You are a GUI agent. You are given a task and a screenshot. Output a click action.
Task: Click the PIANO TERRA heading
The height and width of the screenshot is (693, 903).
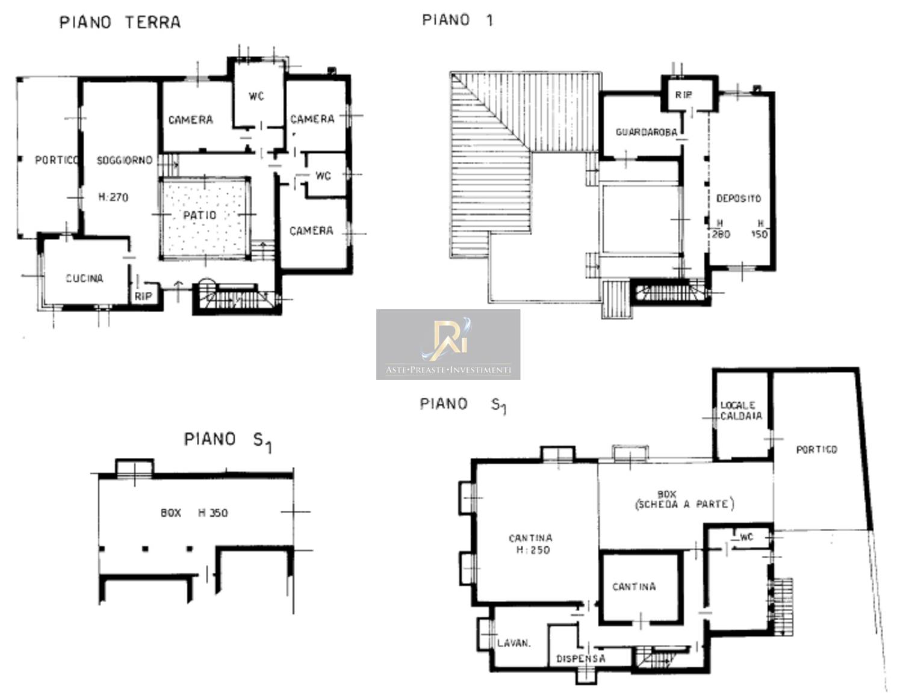[120, 22]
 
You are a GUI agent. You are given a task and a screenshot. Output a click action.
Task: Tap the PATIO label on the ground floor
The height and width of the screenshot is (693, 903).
[200, 215]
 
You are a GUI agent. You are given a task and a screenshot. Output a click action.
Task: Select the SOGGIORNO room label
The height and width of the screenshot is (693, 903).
[124, 160]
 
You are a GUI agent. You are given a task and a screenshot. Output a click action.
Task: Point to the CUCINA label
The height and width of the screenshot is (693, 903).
[84, 278]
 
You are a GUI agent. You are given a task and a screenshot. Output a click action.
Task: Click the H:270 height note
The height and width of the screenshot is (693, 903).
[113, 197]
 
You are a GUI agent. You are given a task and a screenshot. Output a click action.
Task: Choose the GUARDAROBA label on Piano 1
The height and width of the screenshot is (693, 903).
[646, 132]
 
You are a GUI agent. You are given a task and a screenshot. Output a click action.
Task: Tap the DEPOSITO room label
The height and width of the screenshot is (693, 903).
[739, 199]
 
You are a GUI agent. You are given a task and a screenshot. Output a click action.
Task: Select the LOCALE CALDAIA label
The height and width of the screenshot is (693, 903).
[741, 410]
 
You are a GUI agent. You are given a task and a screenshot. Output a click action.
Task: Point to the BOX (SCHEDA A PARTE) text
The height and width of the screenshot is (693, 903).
[684, 499]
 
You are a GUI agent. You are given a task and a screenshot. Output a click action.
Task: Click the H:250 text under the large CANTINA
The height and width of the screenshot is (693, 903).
[533, 550]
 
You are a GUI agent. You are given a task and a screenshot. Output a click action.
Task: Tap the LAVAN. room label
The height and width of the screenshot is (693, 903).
[514, 644]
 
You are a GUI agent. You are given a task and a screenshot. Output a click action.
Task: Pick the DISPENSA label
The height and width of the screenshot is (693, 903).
[580, 659]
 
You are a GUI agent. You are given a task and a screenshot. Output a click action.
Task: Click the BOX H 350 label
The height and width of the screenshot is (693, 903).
[194, 513]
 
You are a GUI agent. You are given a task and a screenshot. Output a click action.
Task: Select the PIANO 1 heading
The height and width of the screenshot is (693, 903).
[458, 20]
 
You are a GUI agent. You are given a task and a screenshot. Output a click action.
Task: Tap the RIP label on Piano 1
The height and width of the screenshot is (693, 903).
[684, 95]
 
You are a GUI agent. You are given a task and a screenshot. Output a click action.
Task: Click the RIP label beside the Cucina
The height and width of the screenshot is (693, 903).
[143, 296]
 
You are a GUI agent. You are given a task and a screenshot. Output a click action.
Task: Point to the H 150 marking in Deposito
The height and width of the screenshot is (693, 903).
[760, 229]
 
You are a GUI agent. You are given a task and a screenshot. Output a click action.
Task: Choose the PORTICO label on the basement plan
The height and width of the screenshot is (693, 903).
[816, 449]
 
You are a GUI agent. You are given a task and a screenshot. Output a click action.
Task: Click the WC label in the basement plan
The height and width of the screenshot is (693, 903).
[746, 537]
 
